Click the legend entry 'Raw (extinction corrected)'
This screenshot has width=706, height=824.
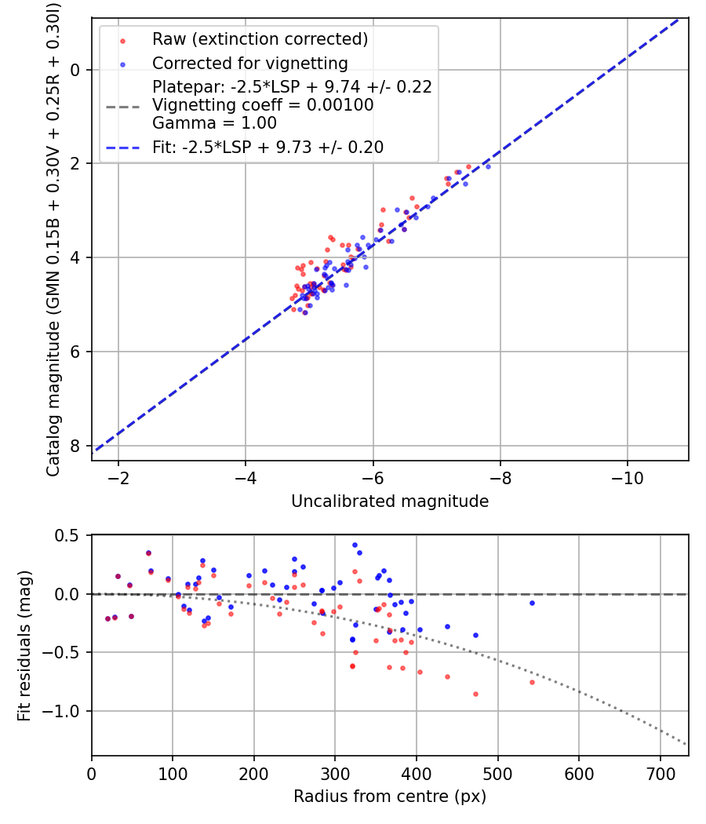pyautogui.click(x=260, y=39)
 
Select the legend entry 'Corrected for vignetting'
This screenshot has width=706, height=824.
pyautogui.click(x=249, y=63)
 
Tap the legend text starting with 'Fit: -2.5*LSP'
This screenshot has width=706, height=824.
pyautogui.click(x=267, y=147)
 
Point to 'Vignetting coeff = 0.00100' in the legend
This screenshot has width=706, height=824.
pyautogui.click(x=263, y=105)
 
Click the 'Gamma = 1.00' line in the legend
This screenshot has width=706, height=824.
pyautogui.click(x=214, y=123)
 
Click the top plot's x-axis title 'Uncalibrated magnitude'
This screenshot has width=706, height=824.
pyautogui.click(x=390, y=501)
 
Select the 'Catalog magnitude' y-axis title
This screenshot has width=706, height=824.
pyautogui.click(x=53, y=239)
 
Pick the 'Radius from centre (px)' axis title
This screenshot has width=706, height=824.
pyautogui.click(x=390, y=797)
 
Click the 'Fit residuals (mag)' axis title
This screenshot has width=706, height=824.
pyautogui.click(x=25, y=645)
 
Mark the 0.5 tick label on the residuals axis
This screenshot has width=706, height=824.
pyautogui.click(x=69, y=535)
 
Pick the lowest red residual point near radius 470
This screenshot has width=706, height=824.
pyautogui.click(x=475, y=694)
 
